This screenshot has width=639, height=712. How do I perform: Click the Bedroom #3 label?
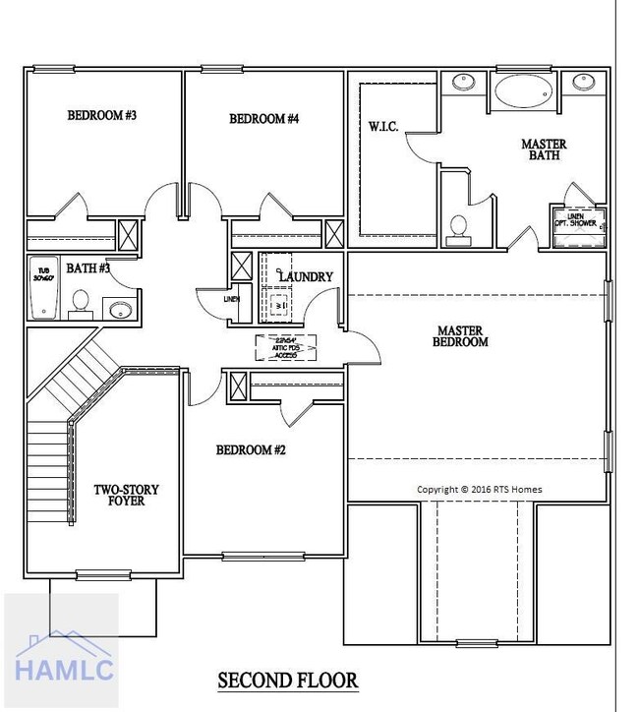pos(101,115)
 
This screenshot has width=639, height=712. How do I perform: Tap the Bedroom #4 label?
pos(263,119)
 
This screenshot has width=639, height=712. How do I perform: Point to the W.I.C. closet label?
pos(382,127)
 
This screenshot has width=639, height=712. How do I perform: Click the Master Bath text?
pos(544,149)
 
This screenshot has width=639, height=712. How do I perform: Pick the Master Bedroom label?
pos(461,336)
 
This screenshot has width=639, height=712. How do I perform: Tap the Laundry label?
pos(306,277)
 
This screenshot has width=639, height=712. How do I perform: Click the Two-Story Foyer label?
pos(126,495)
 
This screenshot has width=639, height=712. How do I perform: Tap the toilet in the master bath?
pos(458,227)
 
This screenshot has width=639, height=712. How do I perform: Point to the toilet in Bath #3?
pos(82,303)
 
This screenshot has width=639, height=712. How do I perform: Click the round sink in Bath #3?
pos(119,311)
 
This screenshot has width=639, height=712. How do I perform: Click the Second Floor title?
pos(287,680)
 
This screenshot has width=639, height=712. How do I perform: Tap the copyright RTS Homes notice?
pos(479,489)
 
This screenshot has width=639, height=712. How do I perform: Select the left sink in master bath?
pos(464,82)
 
